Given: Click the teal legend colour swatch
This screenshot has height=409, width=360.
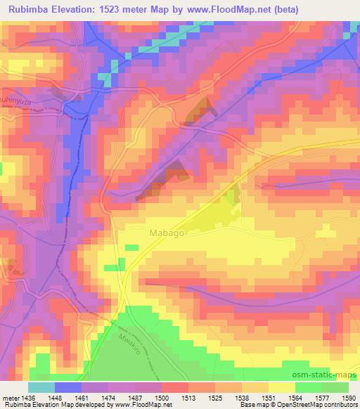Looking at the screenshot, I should [x=41, y=387].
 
